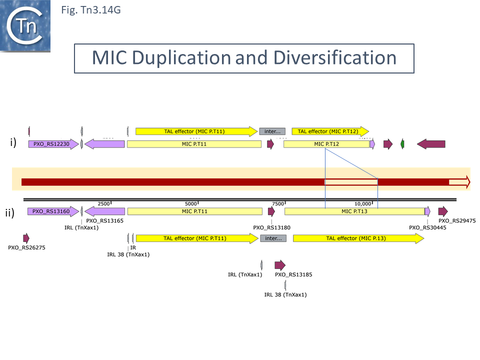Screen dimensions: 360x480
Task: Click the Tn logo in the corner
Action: tap(26, 26)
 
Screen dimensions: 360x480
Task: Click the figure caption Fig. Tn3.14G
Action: tap(90, 9)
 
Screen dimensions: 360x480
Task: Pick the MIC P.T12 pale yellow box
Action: tap(326, 144)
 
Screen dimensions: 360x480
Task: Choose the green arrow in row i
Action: tap(402, 144)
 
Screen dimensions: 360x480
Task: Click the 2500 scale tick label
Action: tap(103, 204)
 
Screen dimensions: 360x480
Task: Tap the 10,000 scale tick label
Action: tap(363, 204)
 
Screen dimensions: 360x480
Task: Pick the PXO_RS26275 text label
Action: tap(27, 247)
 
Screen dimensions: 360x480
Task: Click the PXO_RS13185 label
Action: tap(294, 274)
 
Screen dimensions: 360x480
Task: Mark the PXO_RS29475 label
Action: tap(457, 220)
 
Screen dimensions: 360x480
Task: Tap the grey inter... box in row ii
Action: tap(273, 238)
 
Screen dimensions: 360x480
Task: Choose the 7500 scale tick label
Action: tap(278, 204)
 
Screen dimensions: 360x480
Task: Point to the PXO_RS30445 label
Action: tap(427, 227)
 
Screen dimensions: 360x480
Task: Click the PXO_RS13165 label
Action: tap(105, 220)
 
